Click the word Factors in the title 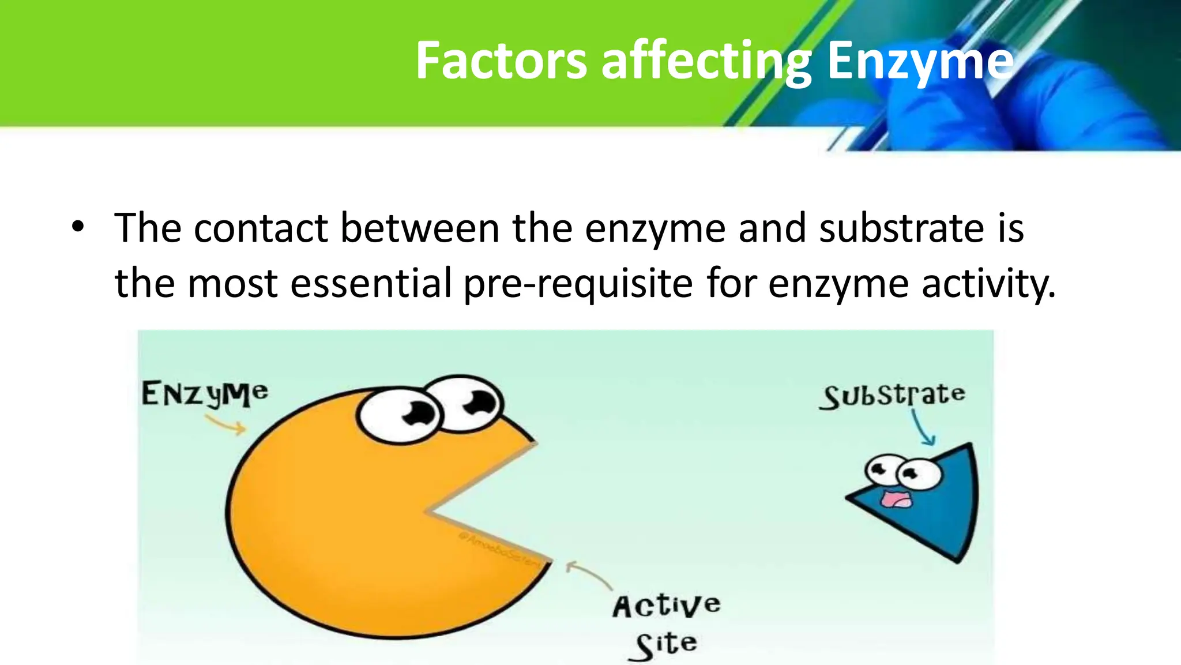[501, 61]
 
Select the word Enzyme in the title [920, 61]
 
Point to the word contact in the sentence [261, 228]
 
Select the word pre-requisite [578, 284]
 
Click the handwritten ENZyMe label [205, 395]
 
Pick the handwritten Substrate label [893, 396]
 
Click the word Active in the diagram [666, 606]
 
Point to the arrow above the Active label [588, 574]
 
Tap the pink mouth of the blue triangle [896, 499]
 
